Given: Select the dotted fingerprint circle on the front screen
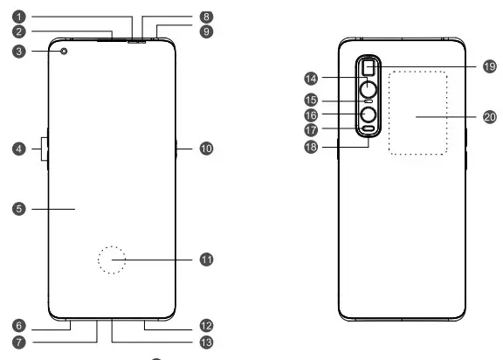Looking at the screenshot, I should pyautogui.click(x=112, y=260).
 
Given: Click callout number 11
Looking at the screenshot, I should pyautogui.click(x=206, y=260).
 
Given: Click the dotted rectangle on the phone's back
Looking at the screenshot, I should pyautogui.click(x=418, y=114).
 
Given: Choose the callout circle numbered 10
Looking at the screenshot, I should pyautogui.click(x=206, y=149).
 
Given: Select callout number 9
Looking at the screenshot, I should pyautogui.click(x=206, y=31).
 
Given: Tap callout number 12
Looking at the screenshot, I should pyautogui.click(x=206, y=324).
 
